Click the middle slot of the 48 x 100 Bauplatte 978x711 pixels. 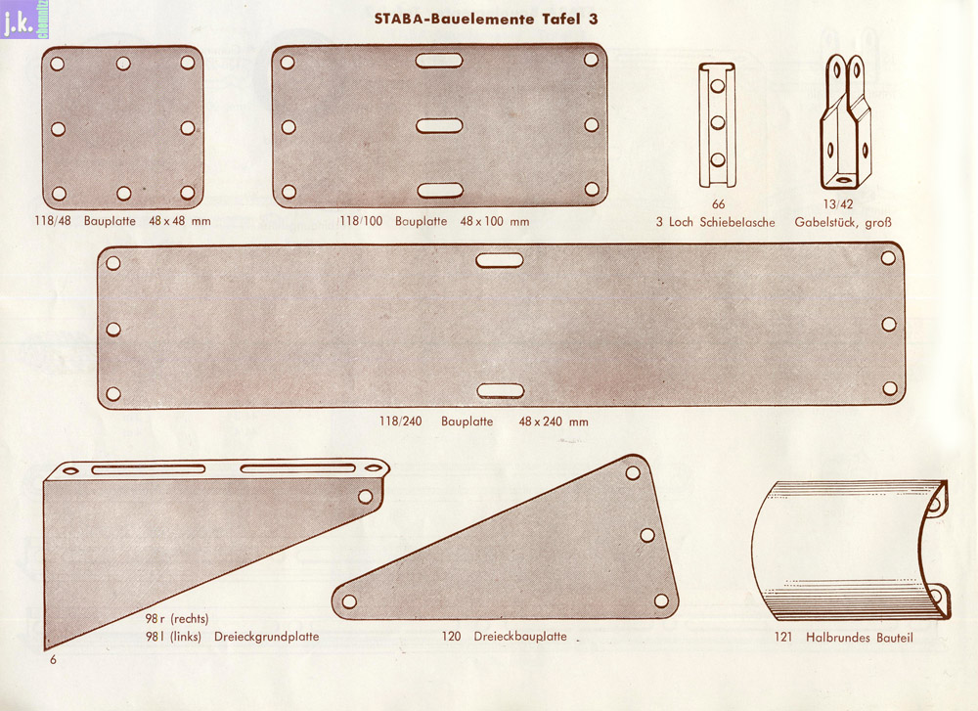439,126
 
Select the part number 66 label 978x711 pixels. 719,204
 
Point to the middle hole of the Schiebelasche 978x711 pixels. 718,123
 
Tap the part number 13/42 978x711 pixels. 838,204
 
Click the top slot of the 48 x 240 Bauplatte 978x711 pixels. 500,260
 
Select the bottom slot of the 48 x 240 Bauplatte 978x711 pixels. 500,391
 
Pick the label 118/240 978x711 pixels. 400,422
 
